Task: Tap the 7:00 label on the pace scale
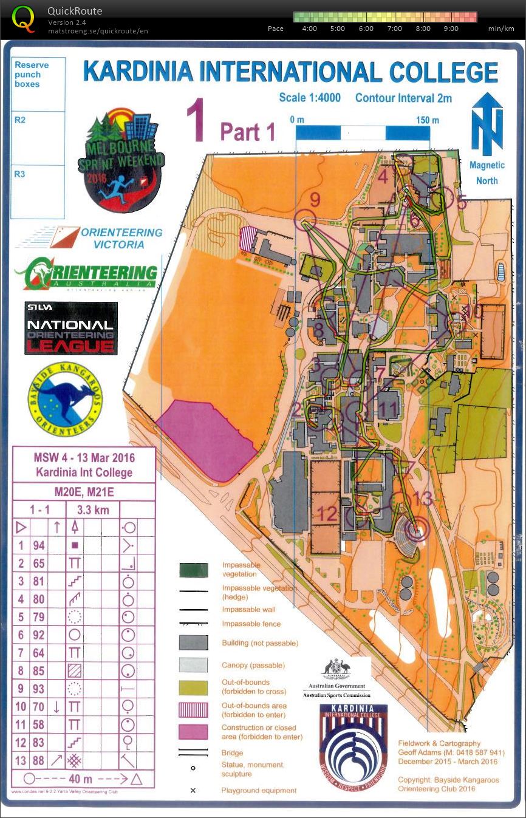395,29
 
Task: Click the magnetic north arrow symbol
487,124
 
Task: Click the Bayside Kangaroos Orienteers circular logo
65,397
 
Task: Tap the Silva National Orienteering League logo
70,328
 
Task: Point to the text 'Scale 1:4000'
310,98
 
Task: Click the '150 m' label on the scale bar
427,120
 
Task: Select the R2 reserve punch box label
20,120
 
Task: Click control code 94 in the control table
39,545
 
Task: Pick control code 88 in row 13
39,760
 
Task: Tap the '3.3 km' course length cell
93,510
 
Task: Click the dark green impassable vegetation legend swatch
193,570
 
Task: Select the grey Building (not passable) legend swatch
193,642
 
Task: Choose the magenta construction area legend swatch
193,732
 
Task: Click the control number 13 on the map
423,499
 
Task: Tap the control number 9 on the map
315,199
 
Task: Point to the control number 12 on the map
327,514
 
